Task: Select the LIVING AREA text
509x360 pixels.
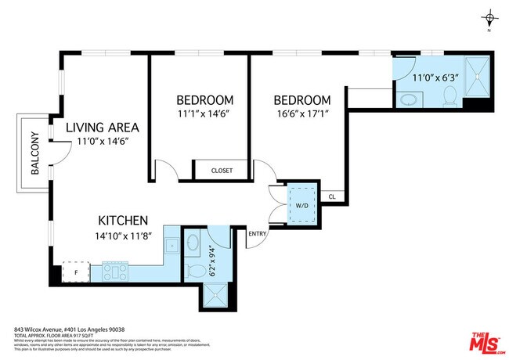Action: pyautogui.click(x=103, y=128)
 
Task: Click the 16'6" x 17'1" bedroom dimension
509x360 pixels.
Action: pyautogui.click(x=301, y=115)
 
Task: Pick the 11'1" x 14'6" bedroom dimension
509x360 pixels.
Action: pyautogui.click(x=204, y=115)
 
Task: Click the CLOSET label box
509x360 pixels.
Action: pyautogui.click(x=222, y=171)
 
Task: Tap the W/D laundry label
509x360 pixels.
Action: pyautogui.click(x=301, y=207)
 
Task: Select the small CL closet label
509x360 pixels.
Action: pyautogui.click(x=332, y=197)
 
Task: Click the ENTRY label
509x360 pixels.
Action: pyautogui.click(x=257, y=234)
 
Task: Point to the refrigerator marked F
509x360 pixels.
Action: pyautogui.click(x=75, y=272)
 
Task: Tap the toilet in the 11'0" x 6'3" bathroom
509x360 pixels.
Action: pyautogui.click(x=449, y=95)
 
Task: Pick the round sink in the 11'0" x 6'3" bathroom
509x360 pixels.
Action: pyautogui.click(x=407, y=99)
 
